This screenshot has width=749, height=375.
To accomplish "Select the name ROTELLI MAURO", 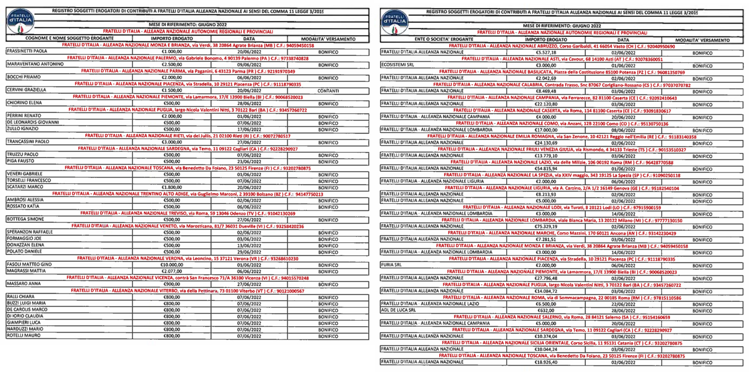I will tap(23, 336).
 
